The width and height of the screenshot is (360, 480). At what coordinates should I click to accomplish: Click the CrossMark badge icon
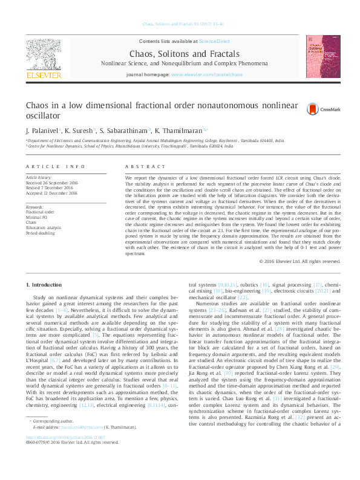tap(313, 109)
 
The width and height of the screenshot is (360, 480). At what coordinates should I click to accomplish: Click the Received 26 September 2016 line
tap(51, 183)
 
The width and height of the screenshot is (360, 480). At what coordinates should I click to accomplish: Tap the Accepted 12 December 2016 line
tap(51, 193)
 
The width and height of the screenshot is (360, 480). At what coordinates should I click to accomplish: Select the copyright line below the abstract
tap(299, 261)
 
